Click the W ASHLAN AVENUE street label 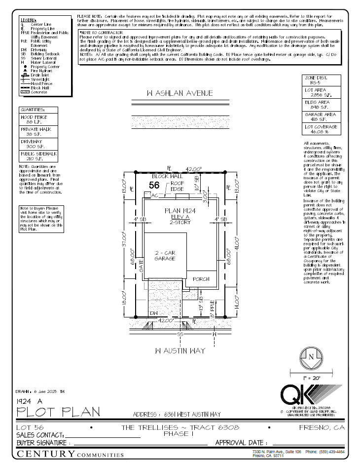coord(180,93)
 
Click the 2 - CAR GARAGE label coord(165,256)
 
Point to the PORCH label coord(201,279)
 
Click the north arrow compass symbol coord(311,356)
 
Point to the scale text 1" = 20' coord(311,378)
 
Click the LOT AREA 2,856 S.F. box coord(321,93)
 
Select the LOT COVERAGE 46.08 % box coord(321,129)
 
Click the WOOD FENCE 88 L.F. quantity coord(38,119)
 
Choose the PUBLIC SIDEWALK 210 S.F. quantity coord(38,156)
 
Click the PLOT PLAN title coord(58,411)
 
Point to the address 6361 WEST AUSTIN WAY coord(177,414)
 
